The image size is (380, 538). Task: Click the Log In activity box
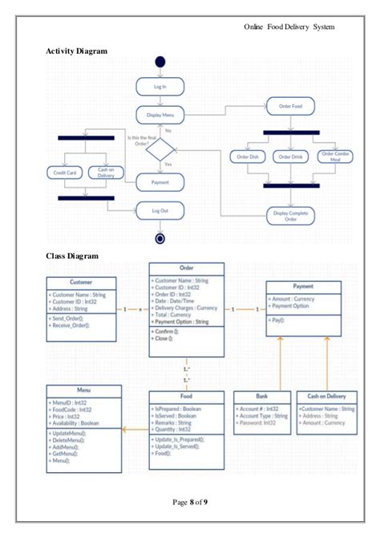click(x=160, y=86)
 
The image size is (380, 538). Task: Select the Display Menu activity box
click(x=160, y=116)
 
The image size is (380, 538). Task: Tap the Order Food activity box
click(x=290, y=106)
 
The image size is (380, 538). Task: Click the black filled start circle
click(x=160, y=62)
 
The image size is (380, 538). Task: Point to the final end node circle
click(x=160, y=238)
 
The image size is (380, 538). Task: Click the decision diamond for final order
click(x=160, y=149)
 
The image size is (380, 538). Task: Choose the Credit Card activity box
click(x=64, y=172)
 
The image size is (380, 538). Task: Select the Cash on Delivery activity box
click(x=106, y=172)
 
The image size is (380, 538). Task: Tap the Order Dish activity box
click(x=248, y=157)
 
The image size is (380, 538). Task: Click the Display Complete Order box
click(x=290, y=215)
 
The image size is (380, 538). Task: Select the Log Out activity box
click(x=160, y=210)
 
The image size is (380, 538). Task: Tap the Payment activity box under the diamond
click(x=160, y=182)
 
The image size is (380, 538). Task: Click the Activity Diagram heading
click(x=77, y=51)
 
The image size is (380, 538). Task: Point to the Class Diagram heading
click(x=72, y=256)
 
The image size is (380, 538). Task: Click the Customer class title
click(x=81, y=283)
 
